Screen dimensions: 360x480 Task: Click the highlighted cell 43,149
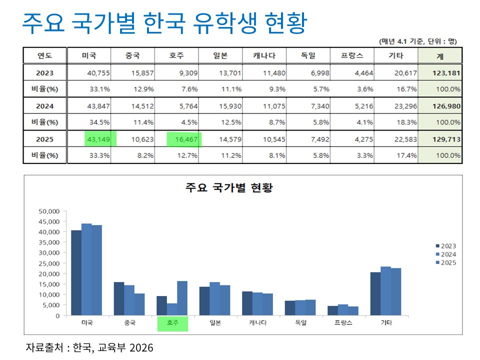click(x=100, y=138)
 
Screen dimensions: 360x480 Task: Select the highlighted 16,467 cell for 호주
click(x=184, y=138)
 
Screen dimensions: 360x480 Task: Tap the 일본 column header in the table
click(x=220, y=56)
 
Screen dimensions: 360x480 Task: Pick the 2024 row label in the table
click(x=44, y=105)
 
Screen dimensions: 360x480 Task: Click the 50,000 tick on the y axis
click(x=49, y=211)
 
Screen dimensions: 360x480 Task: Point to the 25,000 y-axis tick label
click(x=49, y=263)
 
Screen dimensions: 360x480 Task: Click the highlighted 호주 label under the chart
click(x=172, y=323)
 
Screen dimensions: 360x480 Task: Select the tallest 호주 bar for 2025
click(x=182, y=298)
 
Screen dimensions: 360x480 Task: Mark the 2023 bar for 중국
click(x=118, y=298)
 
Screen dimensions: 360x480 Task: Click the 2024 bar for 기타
click(x=385, y=291)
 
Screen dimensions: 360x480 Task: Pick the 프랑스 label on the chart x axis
click(x=343, y=323)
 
